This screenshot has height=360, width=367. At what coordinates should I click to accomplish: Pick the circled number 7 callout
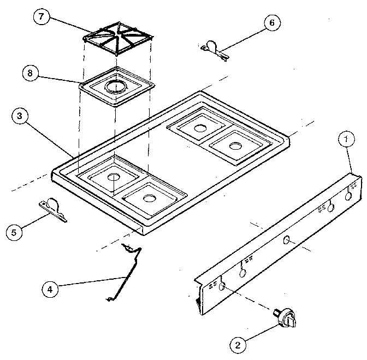(40, 16)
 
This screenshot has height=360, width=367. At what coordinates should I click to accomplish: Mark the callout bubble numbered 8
(31, 73)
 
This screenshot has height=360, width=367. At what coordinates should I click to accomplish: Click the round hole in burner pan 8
(115, 86)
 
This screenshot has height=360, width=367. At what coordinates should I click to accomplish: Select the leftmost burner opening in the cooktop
(113, 177)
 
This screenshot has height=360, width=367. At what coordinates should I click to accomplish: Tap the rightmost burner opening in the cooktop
(235, 146)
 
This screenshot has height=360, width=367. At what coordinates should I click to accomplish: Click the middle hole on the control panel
(287, 240)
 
